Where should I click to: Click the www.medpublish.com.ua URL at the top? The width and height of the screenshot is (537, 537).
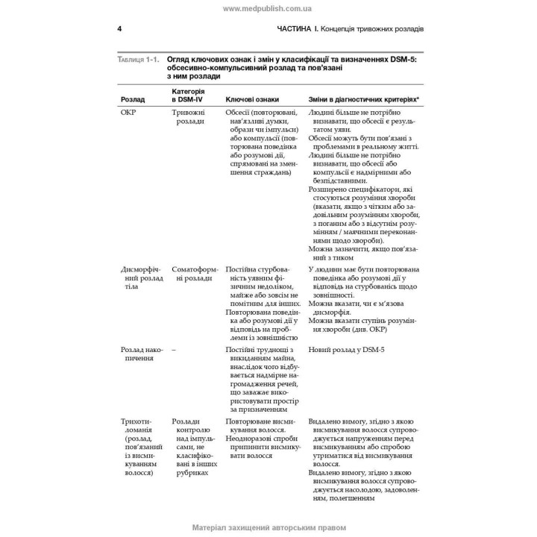pos(268,8)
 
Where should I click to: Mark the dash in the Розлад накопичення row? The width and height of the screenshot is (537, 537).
pos(173,349)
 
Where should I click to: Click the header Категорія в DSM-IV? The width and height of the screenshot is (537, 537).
pos(188,95)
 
